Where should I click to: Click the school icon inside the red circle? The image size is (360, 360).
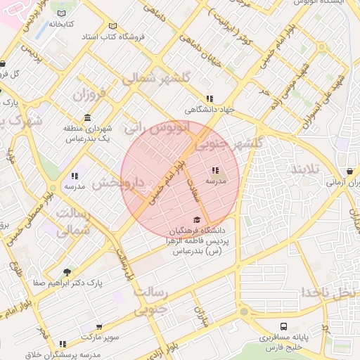click(215, 170)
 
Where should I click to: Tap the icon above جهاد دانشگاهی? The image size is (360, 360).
click(209, 99)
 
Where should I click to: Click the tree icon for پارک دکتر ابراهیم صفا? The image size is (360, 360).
click(67, 272)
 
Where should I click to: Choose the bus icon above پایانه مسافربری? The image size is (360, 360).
click(283, 326)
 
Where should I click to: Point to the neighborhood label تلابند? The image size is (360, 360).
click(306, 169)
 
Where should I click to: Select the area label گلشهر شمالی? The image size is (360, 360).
click(151, 79)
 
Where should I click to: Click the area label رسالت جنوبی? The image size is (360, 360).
click(150, 299)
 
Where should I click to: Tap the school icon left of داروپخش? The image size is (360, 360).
click(75, 176)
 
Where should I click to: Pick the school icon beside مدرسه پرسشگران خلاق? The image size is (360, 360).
click(63, 344)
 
